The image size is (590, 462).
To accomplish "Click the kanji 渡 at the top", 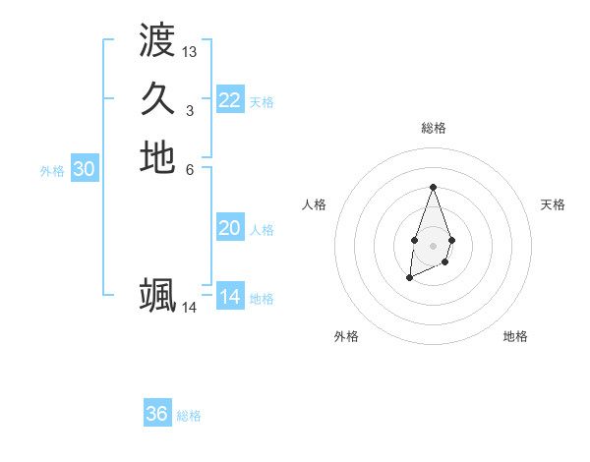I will [x=157, y=40].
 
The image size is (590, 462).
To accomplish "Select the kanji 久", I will [x=157, y=98].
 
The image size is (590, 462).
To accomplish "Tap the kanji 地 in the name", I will [x=157, y=157].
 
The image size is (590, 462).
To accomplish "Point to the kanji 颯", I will [x=157, y=296].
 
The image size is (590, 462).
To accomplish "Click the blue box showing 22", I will [x=229, y=100].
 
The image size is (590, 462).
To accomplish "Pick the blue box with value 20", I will [x=229, y=228].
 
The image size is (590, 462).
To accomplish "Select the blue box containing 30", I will [x=85, y=169].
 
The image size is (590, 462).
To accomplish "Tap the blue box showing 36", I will [x=156, y=414].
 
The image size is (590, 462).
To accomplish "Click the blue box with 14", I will [x=229, y=297].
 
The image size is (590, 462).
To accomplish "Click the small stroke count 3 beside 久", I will [x=190, y=110].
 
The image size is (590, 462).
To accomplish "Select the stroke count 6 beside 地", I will [x=190, y=169].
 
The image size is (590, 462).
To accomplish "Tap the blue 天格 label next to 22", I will [x=262, y=101].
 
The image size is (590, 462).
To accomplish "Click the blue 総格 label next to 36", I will [x=189, y=416].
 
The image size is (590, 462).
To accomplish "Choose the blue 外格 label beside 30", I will [x=52, y=170].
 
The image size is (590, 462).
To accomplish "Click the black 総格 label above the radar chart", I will [x=433, y=128].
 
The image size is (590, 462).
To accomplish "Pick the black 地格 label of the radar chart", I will [x=515, y=336].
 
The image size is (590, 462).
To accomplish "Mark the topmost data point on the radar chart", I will [x=433, y=187].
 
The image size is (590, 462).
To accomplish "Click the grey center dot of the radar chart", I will [x=433, y=244].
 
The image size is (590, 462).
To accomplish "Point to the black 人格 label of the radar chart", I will [x=315, y=204].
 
